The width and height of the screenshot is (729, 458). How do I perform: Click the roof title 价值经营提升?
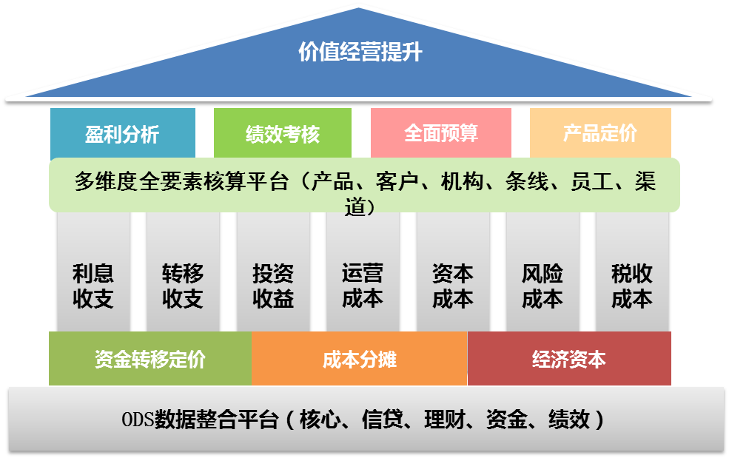point(360,53)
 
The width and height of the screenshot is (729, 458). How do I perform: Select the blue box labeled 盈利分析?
point(122,134)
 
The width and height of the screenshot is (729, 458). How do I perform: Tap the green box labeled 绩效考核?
point(282,134)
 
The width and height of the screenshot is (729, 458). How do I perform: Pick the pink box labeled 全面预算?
point(440,133)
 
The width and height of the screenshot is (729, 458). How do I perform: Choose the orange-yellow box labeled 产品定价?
point(599,133)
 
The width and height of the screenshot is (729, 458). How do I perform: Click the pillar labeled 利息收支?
point(93,286)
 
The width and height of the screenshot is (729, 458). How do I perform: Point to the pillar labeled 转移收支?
point(183,286)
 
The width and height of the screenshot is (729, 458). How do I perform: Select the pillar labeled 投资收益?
point(273,286)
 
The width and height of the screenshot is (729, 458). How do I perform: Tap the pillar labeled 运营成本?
point(363,286)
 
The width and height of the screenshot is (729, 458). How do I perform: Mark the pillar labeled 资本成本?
point(452,286)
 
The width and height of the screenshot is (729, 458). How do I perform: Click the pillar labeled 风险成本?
point(542,286)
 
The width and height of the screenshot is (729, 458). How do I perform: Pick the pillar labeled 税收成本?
point(632,286)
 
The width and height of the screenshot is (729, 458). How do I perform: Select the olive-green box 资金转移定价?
point(150,359)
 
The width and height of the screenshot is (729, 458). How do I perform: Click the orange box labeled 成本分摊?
point(359,360)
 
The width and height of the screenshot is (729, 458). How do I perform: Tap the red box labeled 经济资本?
point(568,359)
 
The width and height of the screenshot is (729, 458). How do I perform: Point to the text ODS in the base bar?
point(137,420)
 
